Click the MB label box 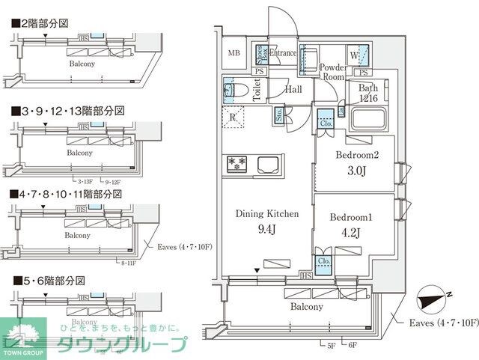(x=235, y=53)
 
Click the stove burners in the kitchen (x=237, y=162)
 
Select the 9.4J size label (x=266, y=229)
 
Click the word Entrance (x=282, y=53)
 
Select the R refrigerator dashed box (x=234, y=117)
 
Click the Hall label (x=293, y=89)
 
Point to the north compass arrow (x=433, y=298)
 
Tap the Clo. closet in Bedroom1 (x=324, y=261)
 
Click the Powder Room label (x=332, y=72)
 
